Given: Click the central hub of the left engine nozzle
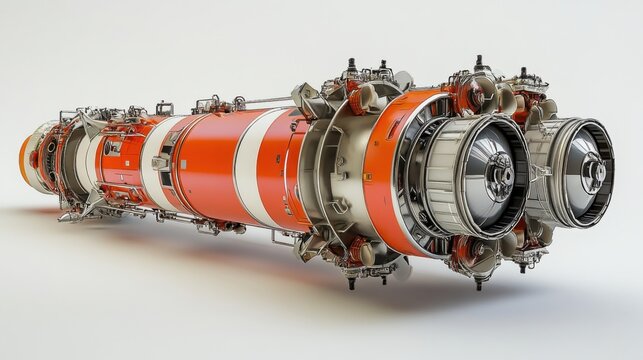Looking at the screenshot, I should click(497, 175).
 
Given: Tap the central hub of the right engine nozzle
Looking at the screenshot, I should click(593, 172).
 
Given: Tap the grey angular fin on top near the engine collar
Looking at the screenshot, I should click(306, 98).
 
